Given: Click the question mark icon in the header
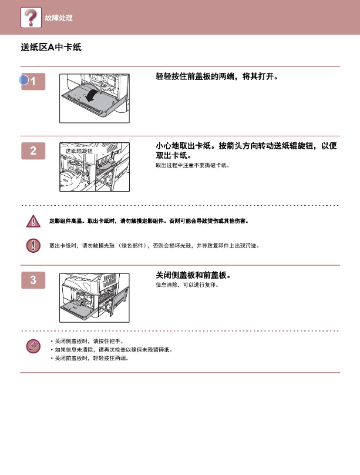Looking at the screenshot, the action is pyautogui.click(x=31, y=18).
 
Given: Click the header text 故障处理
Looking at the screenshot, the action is pyautogui.click(x=59, y=18).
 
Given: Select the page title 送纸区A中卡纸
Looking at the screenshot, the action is pyautogui.click(x=51, y=47).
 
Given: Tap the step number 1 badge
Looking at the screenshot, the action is pyautogui.click(x=33, y=82).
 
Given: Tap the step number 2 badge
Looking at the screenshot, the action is pyautogui.click(x=33, y=151).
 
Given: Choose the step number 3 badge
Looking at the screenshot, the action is pyautogui.click(x=33, y=280).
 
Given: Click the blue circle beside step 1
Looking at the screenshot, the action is pyautogui.click(x=23, y=80).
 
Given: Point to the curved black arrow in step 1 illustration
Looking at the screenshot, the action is pyautogui.click(x=92, y=93).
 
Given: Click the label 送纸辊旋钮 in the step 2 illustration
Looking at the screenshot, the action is pyautogui.click(x=79, y=151).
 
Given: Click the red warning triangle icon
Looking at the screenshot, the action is pyautogui.click(x=33, y=221).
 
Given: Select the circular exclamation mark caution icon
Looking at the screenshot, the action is pyautogui.click(x=33, y=245).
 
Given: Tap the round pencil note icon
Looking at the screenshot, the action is pyautogui.click(x=33, y=346).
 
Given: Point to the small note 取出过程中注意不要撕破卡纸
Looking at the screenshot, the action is pyautogui.click(x=193, y=165).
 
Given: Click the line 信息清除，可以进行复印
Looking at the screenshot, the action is pyautogui.click(x=187, y=285).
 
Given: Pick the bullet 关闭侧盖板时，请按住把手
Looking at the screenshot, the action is pyautogui.click(x=87, y=341).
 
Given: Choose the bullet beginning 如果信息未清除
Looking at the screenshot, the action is pyautogui.click(x=112, y=350).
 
